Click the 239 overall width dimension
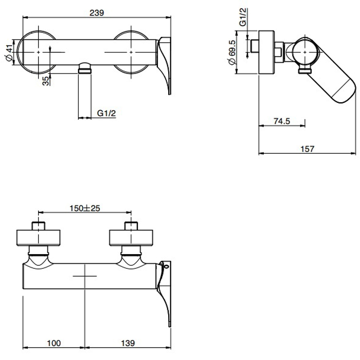coord(97,13)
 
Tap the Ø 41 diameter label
coord(9,53)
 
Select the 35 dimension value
coord(46,81)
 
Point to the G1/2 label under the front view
coord(106,113)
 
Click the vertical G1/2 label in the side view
coord(243,17)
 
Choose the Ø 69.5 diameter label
coord(232,52)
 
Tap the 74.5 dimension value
coord(282,121)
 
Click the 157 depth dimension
coord(307,149)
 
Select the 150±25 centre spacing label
coord(85,208)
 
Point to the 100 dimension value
coord(54,343)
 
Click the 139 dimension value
coord(128,343)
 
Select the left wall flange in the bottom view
coord(39,238)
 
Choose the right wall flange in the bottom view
coord(131,238)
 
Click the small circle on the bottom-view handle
coord(167,266)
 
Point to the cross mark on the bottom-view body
coord(85,276)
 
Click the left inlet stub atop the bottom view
coord(39,226)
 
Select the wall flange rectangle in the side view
coord(266,52)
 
